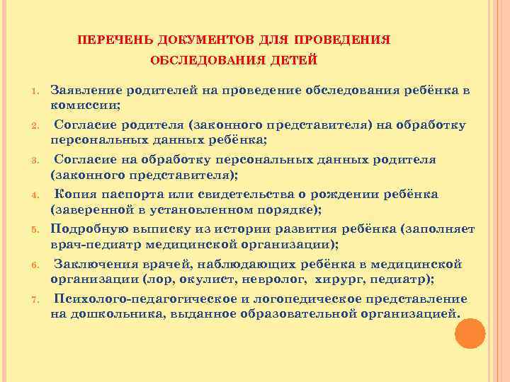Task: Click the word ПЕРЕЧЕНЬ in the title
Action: tap(108, 38)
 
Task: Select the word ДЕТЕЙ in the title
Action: tap(293, 60)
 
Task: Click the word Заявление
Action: tap(84, 91)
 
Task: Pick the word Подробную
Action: tap(89, 230)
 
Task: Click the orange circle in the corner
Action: tap(469, 332)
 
